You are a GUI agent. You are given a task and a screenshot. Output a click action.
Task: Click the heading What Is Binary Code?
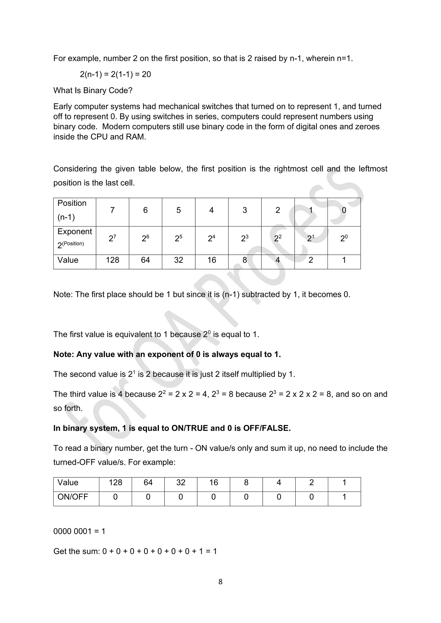point(93,90)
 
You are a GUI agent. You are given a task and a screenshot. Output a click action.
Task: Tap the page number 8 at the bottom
point(220,581)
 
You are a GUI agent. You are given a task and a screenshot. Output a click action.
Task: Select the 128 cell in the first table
point(112,260)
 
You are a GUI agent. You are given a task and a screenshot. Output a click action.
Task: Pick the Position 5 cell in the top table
point(179,210)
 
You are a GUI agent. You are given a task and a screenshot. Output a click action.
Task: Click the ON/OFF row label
point(73,497)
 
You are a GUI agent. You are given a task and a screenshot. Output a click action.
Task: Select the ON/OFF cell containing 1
point(344,497)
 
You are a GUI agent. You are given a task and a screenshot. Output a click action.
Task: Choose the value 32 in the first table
point(179,260)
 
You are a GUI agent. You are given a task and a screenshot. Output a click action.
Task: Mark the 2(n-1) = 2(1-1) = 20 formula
point(115,74)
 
